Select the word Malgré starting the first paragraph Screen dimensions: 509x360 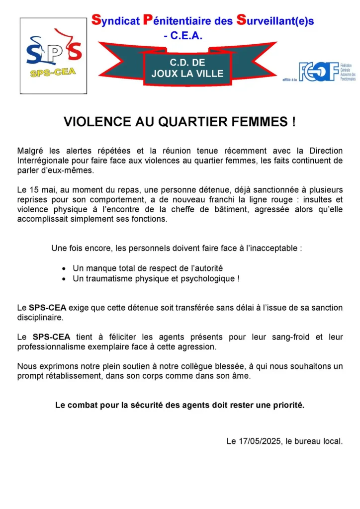pyautogui.click(x=32, y=151)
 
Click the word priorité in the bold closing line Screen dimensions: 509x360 pyautogui.click(x=287, y=405)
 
